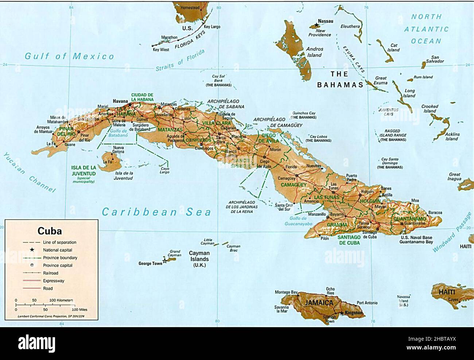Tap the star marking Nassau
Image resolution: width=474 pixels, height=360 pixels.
pos(315,25)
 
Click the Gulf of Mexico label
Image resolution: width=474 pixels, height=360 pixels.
pos(69,56)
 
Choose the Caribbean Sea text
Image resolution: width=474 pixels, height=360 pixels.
pos(156,212)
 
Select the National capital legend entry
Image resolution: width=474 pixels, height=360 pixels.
pos(57,250)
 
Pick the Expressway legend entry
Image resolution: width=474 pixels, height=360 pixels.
pos(54,280)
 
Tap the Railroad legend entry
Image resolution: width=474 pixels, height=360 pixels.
pos(50,273)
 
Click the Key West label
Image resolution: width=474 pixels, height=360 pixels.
pos(161,49)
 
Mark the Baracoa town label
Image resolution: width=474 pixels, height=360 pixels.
pos(435,212)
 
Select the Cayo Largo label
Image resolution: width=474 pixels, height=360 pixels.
pos(164,170)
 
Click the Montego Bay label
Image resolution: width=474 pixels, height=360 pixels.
pos(286,292)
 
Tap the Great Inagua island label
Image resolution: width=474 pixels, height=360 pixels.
pos(454,177)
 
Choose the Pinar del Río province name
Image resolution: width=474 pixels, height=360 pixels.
pos(66,132)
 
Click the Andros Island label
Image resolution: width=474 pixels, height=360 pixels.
pos(314,52)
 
